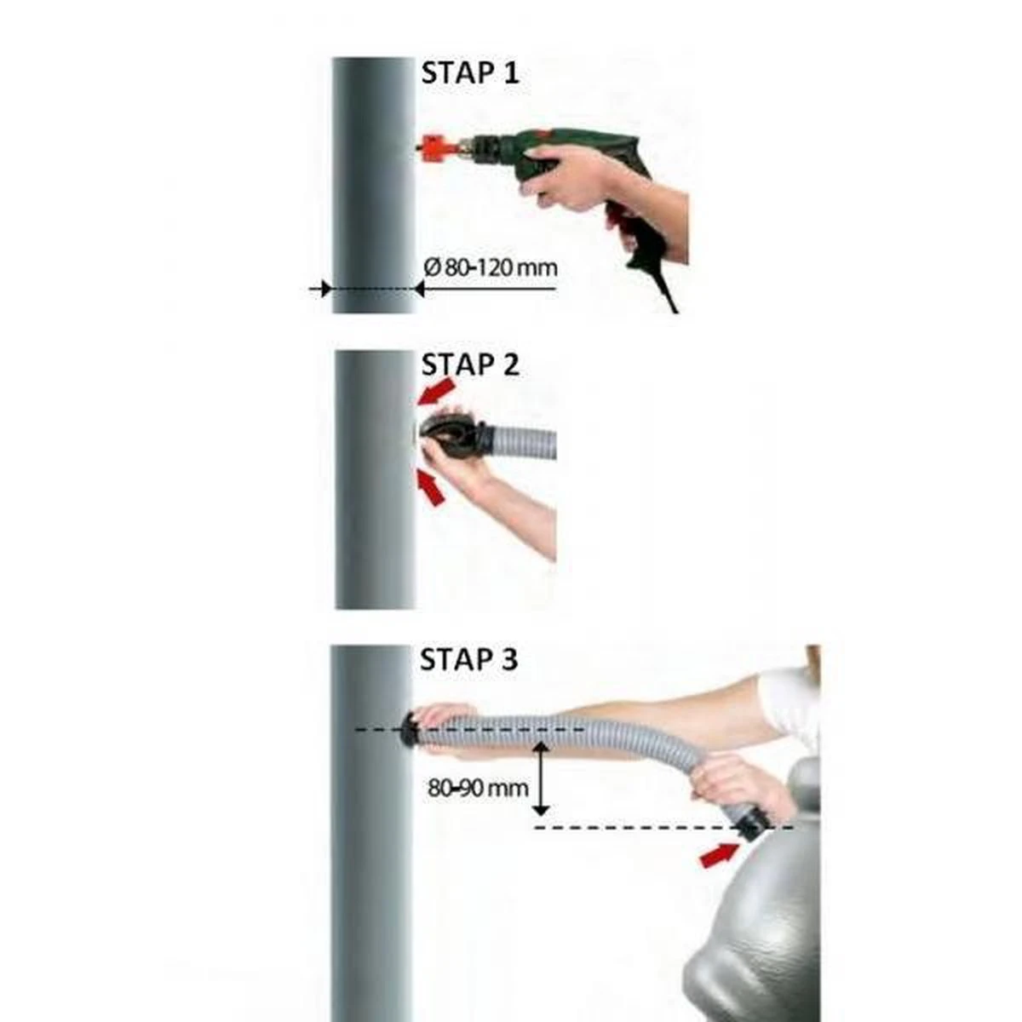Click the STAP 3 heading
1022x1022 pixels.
point(469,659)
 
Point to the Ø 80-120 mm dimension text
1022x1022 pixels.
point(491,267)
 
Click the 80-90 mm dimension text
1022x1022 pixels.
point(478,788)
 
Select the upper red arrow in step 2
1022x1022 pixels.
point(437,393)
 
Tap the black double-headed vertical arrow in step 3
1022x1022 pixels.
point(541,778)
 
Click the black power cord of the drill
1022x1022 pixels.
point(667,290)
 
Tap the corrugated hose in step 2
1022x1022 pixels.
point(528,443)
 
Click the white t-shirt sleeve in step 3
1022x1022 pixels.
point(792,694)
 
